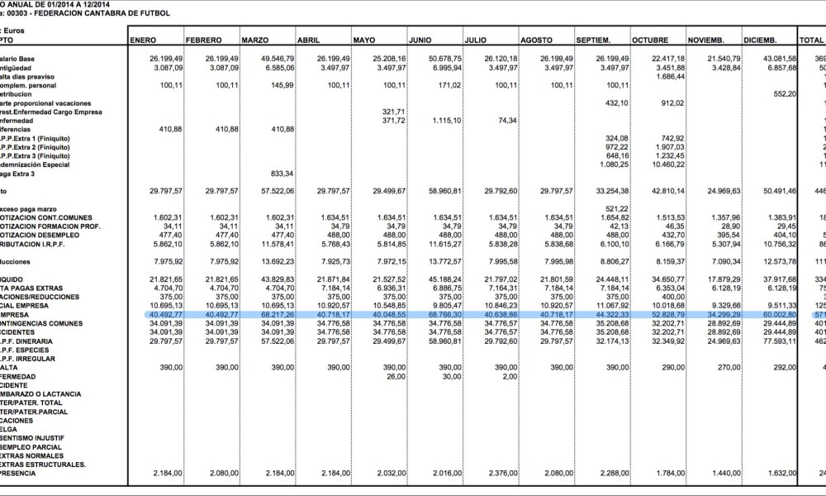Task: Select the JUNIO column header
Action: click(422, 40)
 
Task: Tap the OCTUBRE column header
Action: click(650, 40)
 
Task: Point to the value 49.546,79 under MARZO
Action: click(276, 60)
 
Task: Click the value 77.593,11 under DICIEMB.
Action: click(776, 340)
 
